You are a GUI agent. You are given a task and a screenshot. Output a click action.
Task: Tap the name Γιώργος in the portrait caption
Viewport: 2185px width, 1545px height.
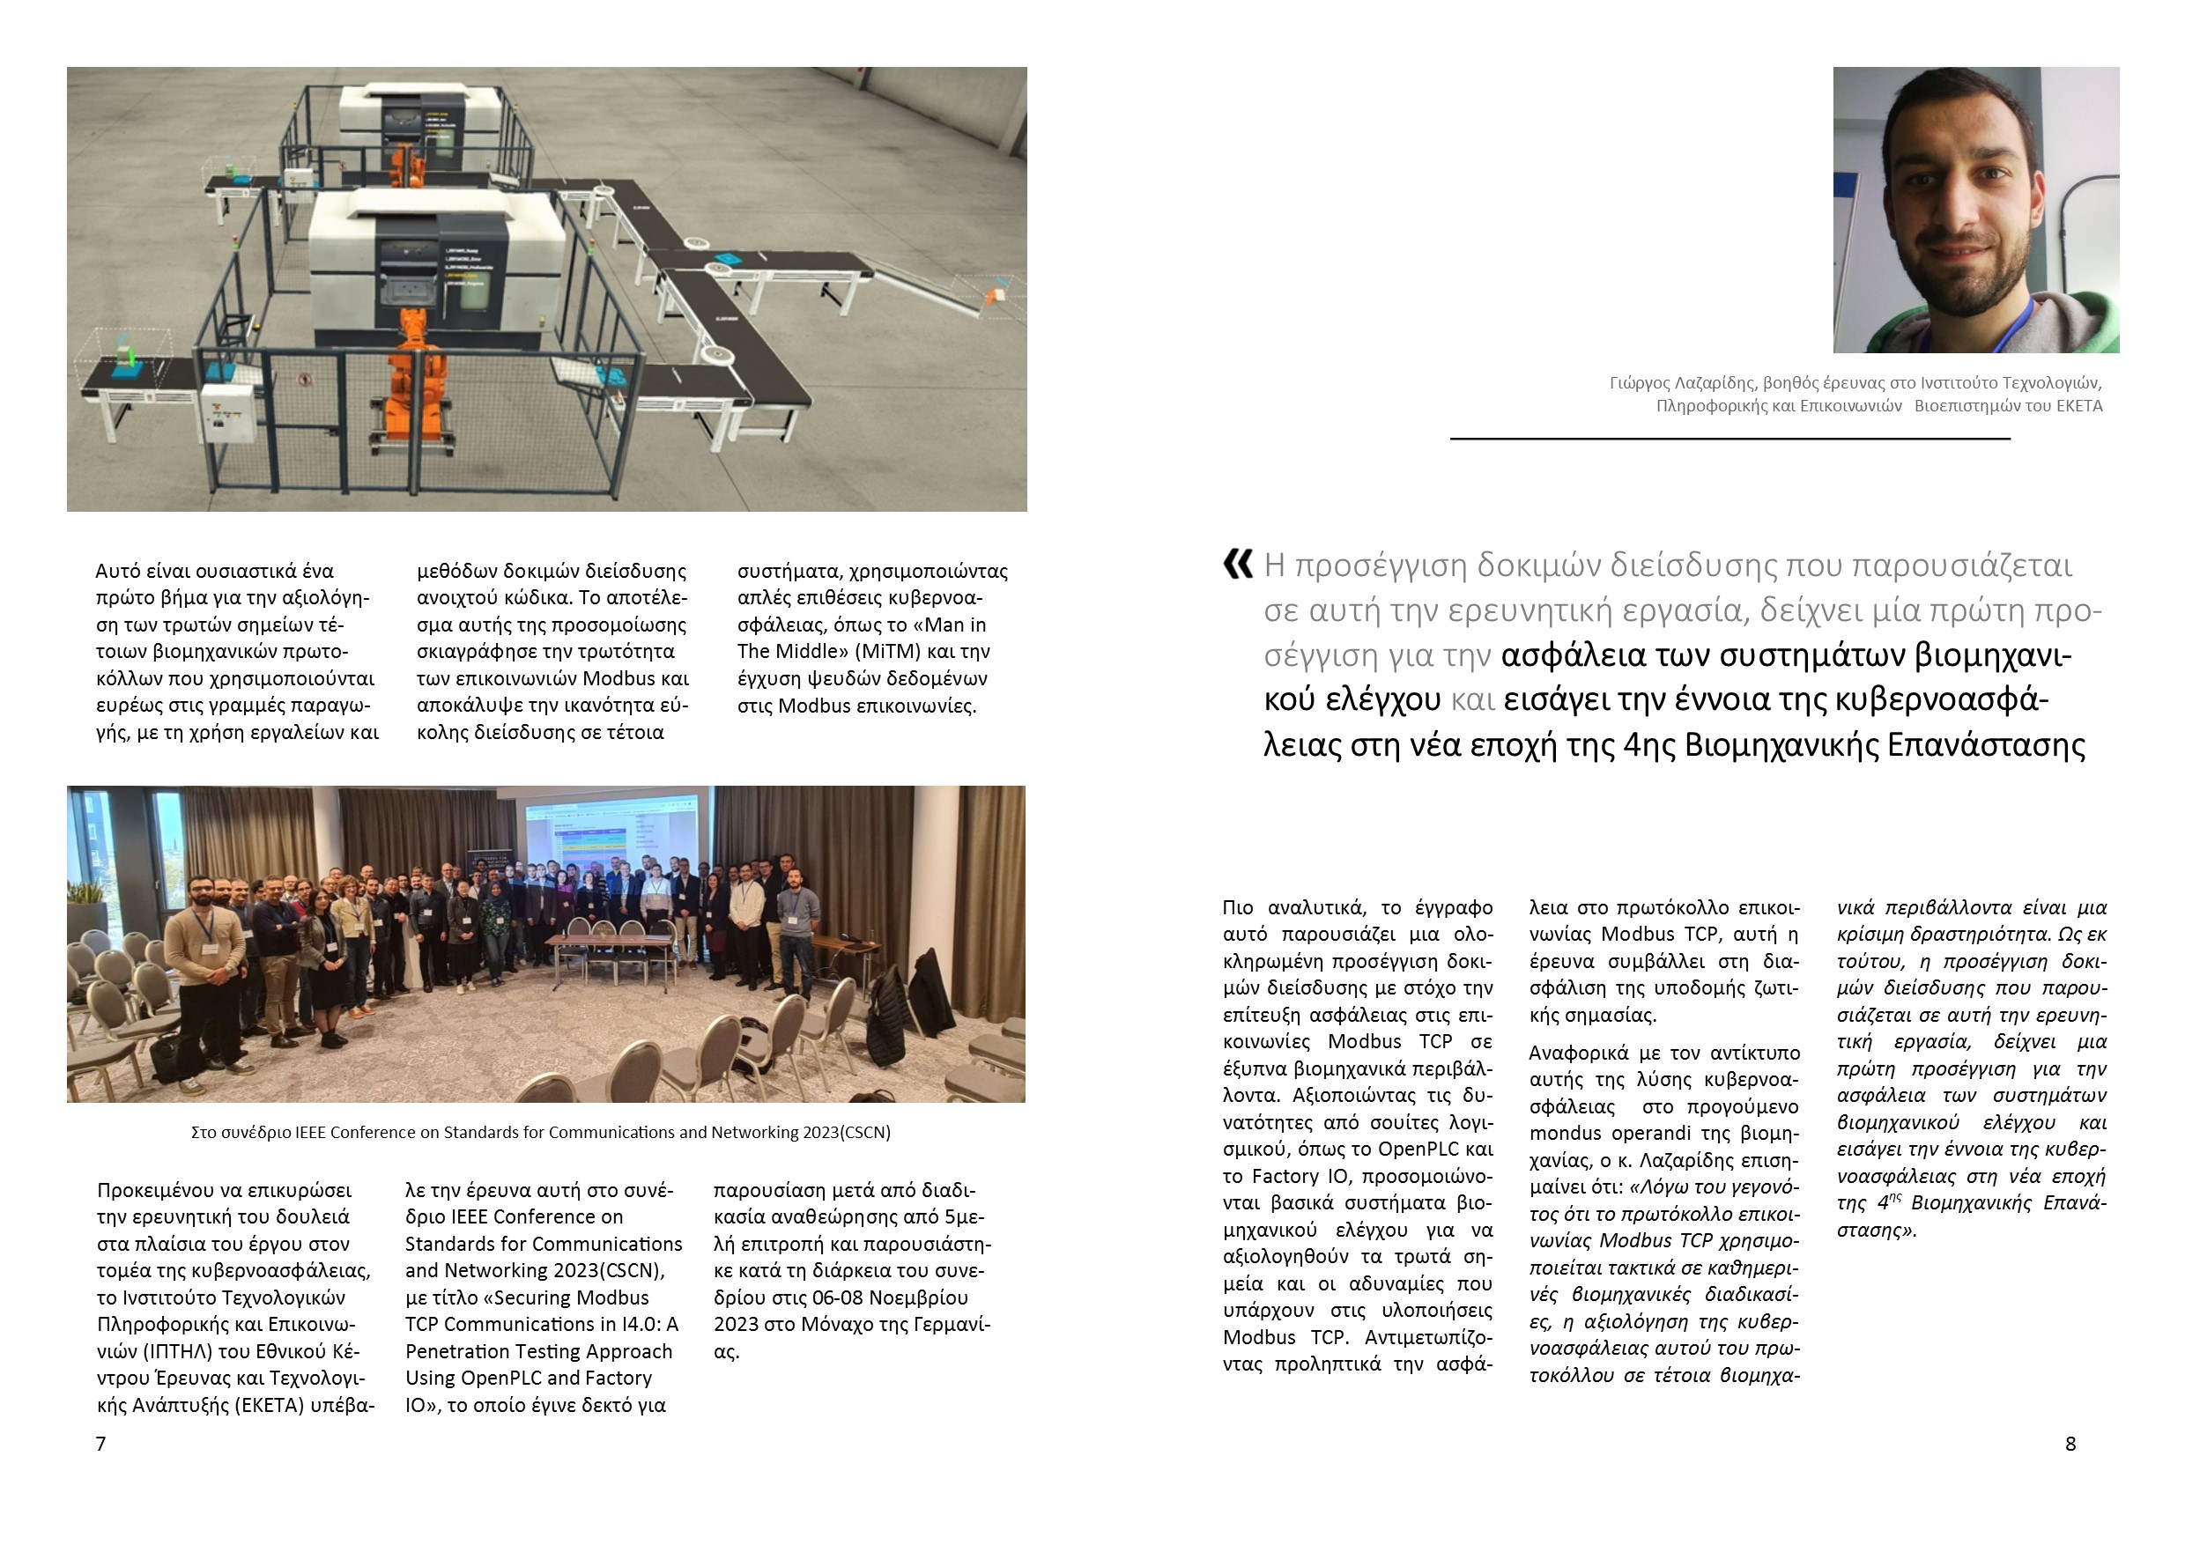coord(1638,382)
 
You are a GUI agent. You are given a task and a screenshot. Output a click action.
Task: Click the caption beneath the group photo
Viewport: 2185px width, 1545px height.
coord(541,1132)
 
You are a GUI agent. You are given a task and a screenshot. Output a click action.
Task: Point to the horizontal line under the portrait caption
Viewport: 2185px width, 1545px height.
coord(1729,439)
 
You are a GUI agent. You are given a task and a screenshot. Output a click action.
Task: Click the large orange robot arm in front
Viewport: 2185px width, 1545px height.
coord(416,381)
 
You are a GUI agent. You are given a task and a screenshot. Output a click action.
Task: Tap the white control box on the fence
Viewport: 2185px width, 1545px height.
coord(228,412)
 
